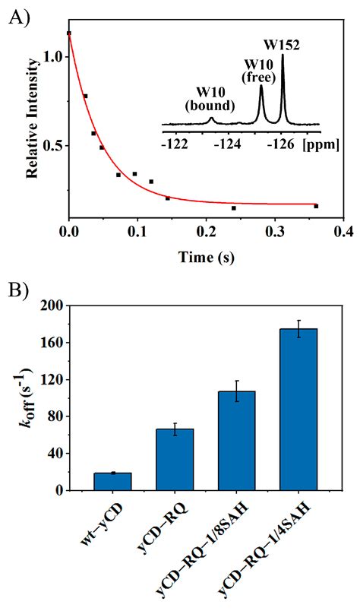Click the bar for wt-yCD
click(x=112, y=481)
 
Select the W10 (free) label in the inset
click(x=255, y=69)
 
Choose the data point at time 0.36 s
click(x=316, y=206)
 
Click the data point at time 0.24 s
click(x=233, y=208)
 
